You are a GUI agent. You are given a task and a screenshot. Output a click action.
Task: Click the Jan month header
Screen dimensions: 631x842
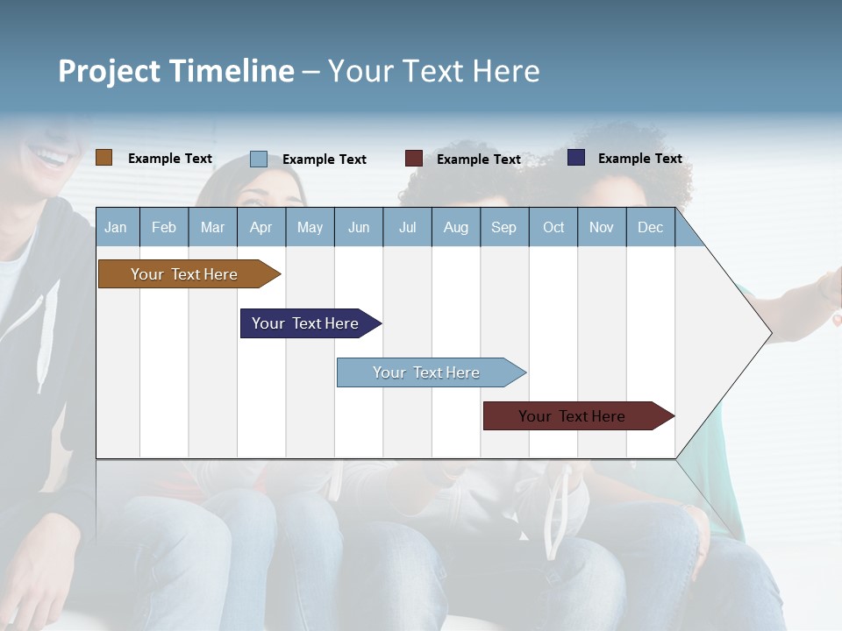(x=116, y=228)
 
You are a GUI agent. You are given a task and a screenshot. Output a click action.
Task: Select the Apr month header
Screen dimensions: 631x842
(x=260, y=228)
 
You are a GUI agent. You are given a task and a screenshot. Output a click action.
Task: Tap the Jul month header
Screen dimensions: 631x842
(x=407, y=228)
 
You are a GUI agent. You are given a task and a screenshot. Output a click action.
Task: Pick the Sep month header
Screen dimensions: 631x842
(x=503, y=228)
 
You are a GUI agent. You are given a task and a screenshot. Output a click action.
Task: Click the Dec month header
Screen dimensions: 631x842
(x=650, y=228)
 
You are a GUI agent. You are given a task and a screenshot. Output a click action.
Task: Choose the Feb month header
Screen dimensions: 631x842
(x=164, y=228)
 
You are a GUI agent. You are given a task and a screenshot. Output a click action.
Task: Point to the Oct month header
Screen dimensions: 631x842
(x=553, y=228)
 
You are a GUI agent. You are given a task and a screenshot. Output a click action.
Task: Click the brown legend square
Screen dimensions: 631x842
(x=103, y=158)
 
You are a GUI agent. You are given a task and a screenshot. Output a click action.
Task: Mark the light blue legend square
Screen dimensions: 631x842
(x=258, y=159)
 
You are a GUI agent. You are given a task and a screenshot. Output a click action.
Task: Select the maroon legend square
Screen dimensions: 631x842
(x=413, y=159)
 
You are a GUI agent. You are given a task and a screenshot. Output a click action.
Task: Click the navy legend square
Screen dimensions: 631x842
(x=576, y=158)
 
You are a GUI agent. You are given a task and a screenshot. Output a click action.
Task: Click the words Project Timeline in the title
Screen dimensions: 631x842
(x=175, y=71)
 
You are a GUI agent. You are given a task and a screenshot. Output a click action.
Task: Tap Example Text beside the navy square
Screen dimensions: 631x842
(x=639, y=159)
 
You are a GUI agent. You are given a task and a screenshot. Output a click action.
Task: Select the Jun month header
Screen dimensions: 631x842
(x=359, y=228)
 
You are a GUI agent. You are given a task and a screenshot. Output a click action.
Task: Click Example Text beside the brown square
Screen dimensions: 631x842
(x=170, y=159)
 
